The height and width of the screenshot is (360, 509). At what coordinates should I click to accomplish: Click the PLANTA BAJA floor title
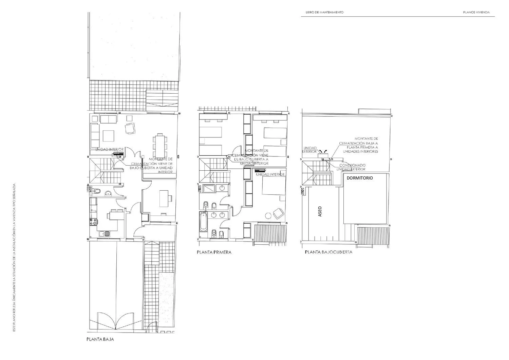coord(100,339)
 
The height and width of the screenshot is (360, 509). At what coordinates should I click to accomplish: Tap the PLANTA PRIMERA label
coord(214,252)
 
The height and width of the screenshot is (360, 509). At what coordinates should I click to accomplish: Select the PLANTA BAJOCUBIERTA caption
coord(328,252)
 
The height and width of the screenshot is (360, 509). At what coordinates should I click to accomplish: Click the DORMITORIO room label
coord(359,178)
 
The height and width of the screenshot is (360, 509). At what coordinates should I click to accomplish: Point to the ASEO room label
coord(319,212)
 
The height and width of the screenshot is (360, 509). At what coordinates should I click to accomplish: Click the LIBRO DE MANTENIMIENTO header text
coord(324,12)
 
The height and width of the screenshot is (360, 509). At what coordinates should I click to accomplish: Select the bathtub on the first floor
coord(204,222)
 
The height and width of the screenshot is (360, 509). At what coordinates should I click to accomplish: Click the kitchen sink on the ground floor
coord(104,233)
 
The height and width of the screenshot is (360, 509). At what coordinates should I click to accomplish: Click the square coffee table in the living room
coord(109,136)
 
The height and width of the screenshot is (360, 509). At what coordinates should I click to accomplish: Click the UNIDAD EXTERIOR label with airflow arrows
coord(310,150)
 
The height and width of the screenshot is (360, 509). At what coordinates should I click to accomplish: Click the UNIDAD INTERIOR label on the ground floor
coord(110,149)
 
